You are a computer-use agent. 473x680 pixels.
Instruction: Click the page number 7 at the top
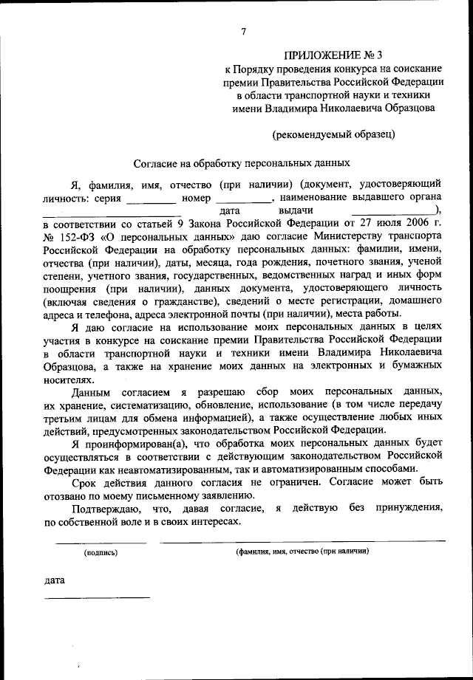coord(243,30)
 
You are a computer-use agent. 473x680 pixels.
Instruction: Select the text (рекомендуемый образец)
coord(333,134)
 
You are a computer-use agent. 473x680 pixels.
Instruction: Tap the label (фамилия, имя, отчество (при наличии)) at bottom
coord(303,552)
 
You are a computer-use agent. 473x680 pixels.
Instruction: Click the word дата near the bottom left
coord(55,580)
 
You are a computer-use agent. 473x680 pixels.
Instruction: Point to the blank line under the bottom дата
coord(97,597)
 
